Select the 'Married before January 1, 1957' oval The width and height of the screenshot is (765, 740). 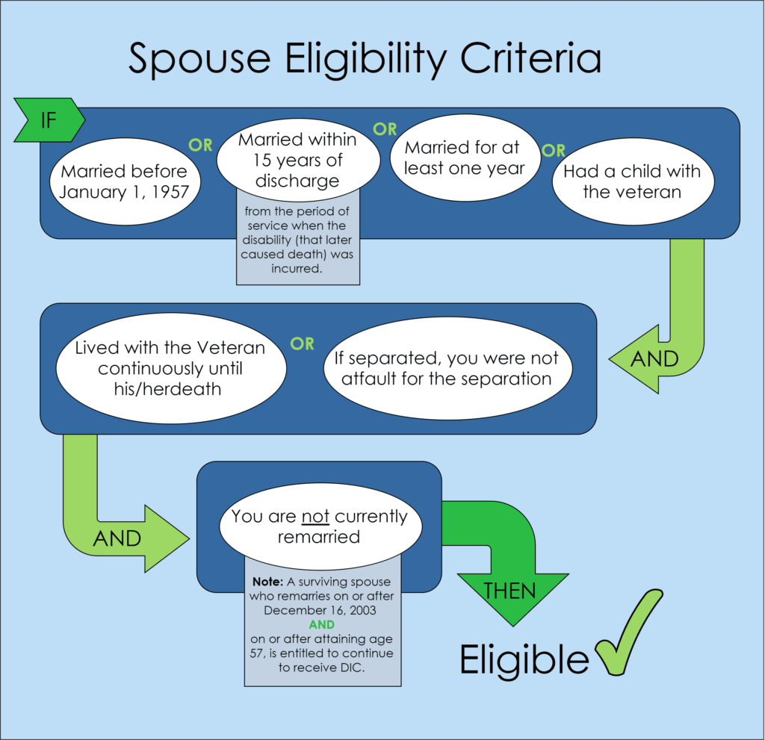125,181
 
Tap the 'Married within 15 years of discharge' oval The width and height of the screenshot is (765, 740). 297,160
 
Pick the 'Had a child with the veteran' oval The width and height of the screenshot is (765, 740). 632,181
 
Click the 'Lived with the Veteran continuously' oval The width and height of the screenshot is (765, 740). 170,368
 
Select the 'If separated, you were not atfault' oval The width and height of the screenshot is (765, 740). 447,368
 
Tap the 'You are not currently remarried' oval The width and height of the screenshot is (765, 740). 320,526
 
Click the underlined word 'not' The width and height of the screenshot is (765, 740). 315,517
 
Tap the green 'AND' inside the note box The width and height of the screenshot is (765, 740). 321,624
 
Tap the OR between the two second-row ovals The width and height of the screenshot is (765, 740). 302,344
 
